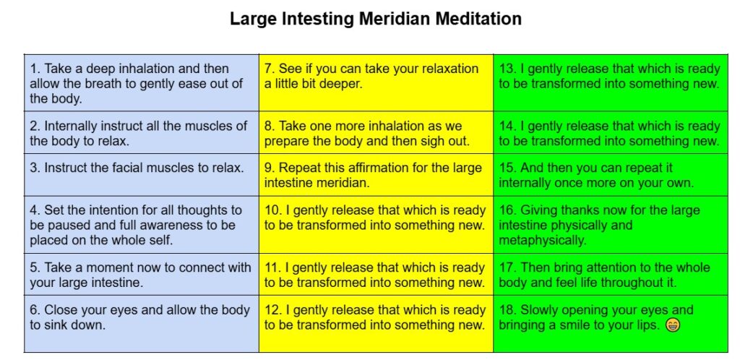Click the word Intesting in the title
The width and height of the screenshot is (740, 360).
pyautogui.click(x=322, y=20)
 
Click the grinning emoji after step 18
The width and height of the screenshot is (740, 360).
pyautogui.click(x=673, y=325)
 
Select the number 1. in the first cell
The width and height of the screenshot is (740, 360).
pyautogui.click(x=35, y=69)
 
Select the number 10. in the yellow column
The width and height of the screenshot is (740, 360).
pyautogui.click(x=272, y=210)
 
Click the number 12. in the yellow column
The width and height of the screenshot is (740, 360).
pyautogui.click(x=272, y=310)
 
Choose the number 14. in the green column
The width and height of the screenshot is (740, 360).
pyautogui.click(x=507, y=126)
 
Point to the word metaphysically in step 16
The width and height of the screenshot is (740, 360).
pyautogui.click(x=542, y=241)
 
